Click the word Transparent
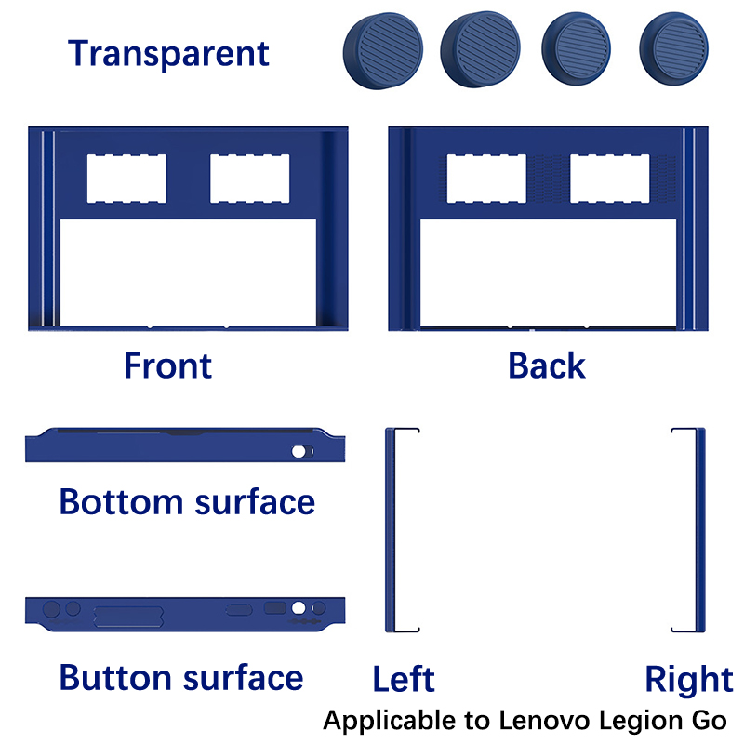[168, 54]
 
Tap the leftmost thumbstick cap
[383, 51]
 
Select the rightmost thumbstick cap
[673, 49]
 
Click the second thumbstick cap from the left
[480, 49]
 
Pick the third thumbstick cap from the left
[576, 49]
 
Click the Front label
[167, 365]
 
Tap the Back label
[547, 365]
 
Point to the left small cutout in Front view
[126, 179]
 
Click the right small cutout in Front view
[249, 179]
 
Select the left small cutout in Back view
[486, 179]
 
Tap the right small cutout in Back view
[610, 179]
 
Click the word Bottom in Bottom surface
[121, 502]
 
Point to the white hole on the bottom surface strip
[299, 452]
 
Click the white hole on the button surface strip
[299, 608]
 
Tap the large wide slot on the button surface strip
[128, 617]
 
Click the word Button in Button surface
[115, 678]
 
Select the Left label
[404, 679]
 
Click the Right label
[689, 681]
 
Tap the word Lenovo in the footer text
[545, 720]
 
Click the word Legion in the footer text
[641, 722]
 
